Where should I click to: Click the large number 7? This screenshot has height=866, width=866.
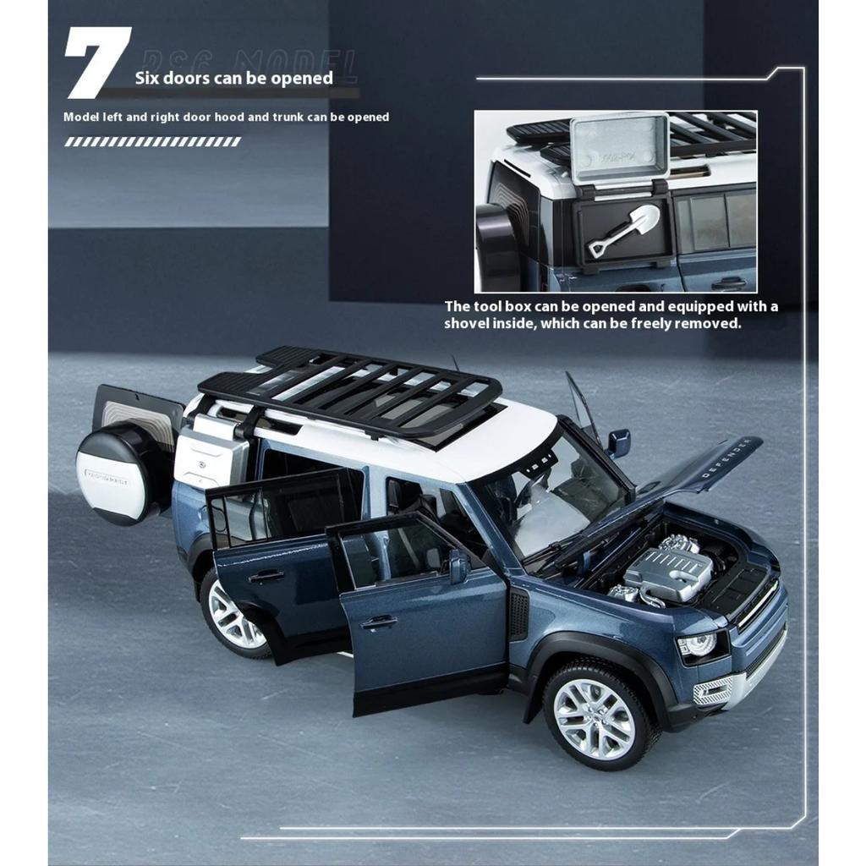[x=97, y=62]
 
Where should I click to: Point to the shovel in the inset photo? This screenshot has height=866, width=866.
[x=624, y=229]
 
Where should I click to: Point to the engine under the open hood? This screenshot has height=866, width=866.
[x=668, y=571]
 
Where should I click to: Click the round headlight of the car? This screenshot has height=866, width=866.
[x=699, y=645]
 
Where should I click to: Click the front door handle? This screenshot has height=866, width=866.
[x=378, y=623]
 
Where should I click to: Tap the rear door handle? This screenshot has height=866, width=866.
[x=266, y=576]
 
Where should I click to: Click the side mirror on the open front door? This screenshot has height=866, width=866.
[x=458, y=565]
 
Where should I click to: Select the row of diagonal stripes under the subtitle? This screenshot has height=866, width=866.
[x=152, y=142]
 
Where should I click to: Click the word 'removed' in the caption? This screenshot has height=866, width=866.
[x=707, y=324]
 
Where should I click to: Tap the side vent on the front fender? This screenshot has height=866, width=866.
[x=518, y=614]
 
